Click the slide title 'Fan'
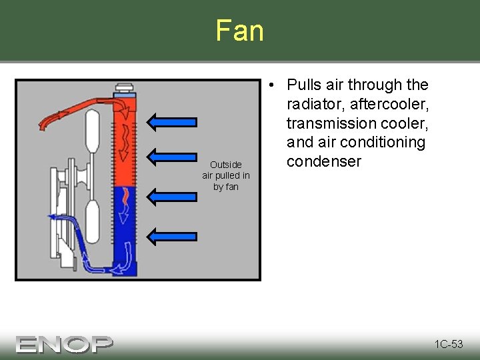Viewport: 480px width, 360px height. pyautogui.click(x=239, y=31)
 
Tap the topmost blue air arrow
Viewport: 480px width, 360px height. pyautogui.click(x=172, y=121)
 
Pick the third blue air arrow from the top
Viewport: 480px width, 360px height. pyautogui.click(x=172, y=196)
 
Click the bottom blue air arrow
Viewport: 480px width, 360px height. pyautogui.click(x=172, y=235)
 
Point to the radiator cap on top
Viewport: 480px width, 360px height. pyautogui.click(x=125, y=89)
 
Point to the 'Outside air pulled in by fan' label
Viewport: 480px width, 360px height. pyautogui.click(x=226, y=175)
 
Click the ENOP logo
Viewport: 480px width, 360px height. pyautogui.click(x=65, y=343)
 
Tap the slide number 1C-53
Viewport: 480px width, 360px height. pyautogui.click(x=448, y=344)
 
